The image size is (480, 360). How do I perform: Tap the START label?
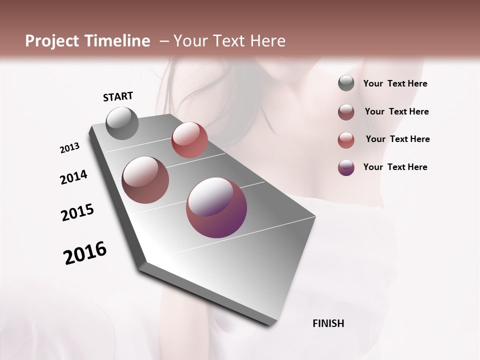pos(118,96)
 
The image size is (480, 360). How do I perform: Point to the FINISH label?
pos(328,323)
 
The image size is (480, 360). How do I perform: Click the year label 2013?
pos(69,148)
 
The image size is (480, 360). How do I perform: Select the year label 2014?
pos(73,177)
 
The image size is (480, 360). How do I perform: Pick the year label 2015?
pos(77,212)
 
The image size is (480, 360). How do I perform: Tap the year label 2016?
pos(85,253)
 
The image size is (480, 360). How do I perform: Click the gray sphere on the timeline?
pos(122,123)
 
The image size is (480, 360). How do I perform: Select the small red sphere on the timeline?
pos(189,140)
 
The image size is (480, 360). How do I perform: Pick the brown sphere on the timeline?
pos(145,180)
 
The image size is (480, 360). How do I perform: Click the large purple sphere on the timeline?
pos(216,207)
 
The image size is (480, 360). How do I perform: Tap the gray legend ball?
pos(346,83)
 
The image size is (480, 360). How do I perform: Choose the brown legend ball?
pos(346,112)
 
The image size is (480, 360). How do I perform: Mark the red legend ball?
pos(346,140)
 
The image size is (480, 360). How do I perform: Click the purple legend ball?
pos(346,167)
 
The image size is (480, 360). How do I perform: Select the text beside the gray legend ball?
pos(395,84)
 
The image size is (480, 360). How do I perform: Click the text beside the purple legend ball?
pos(395,167)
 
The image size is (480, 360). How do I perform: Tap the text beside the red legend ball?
pos(397,139)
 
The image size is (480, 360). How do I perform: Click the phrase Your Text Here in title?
pos(229,41)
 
